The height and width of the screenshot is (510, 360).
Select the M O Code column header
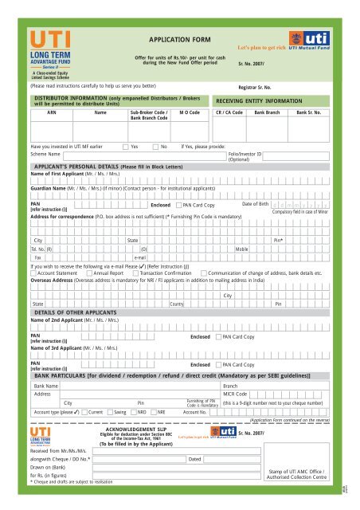(189, 113)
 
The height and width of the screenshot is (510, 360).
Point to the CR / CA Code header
(233, 113)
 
